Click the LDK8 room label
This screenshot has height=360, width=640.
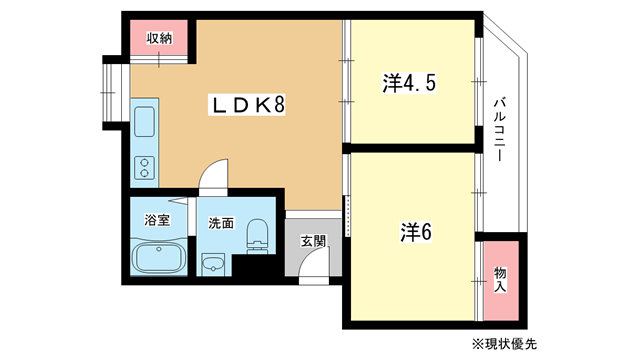pyautogui.click(x=247, y=104)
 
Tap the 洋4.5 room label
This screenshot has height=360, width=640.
pyautogui.click(x=409, y=83)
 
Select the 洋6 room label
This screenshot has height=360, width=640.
pyautogui.click(x=416, y=232)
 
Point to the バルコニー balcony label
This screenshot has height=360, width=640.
pyautogui.click(x=500, y=129)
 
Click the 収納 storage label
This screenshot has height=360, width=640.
pyautogui.click(x=159, y=38)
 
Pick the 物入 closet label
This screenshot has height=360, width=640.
pyautogui.click(x=500, y=280)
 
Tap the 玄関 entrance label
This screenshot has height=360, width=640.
pyautogui.click(x=313, y=241)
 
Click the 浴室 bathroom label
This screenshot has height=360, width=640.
pyautogui.click(x=157, y=220)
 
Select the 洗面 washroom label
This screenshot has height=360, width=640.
pyautogui.click(x=221, y=223)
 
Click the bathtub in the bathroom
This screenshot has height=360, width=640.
pyautogui.click(x=159, y=256)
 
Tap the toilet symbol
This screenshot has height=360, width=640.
pyautogui.click(x=257, y=236)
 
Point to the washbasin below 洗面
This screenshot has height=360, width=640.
pyautogui.click(x=213, y=264)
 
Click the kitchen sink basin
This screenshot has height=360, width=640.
pyautogui.click(x=144, y=122)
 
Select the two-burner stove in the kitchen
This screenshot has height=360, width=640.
pyautogui.click(x=144, y=168)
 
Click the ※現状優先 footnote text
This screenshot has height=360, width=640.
pyautogui.click(x=504, y=344)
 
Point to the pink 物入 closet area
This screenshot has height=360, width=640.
pyautogui.click(x=501, y=280)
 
